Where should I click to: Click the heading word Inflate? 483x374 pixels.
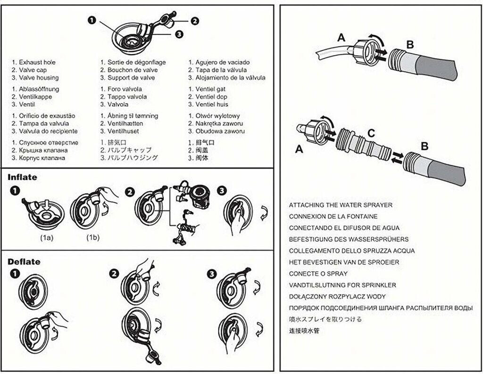click(x=22, y=178)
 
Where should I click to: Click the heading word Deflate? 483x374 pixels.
click(x=24, y=261)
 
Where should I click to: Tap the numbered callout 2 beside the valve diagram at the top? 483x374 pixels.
click(x=195, y=20)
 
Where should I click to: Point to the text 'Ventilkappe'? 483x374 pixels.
click(x=35, y=97)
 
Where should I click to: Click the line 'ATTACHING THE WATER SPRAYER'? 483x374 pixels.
click(x=341, y=205)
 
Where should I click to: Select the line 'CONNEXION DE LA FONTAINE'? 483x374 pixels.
click(x=333, y=217)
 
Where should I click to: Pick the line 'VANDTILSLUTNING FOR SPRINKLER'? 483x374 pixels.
click(x=342, y=285)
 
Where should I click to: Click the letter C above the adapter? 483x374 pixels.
click(x=371, y=133)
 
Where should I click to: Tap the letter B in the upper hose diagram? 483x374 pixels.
click(x=410, y=45)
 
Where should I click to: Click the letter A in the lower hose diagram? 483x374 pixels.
click(x=299, y=149)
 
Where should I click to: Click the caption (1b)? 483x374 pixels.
click(x=93, y=237)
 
